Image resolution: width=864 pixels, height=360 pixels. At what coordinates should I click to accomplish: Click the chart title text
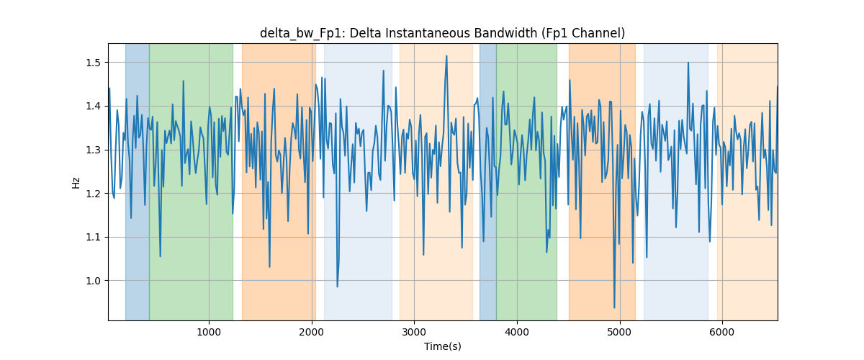click(x=442, y=33)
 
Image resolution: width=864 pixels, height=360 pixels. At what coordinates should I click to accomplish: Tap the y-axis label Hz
click(x=76, y=183)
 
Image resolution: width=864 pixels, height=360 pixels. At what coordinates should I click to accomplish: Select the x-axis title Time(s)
click(x=442, y=346)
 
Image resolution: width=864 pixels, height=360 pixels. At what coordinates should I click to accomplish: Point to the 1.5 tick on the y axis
click(x=94, y=63)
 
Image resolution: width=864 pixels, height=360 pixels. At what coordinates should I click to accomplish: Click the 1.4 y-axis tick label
click(x=94, y=106)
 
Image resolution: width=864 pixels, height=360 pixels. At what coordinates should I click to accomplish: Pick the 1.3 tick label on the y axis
click(x=94, y=150)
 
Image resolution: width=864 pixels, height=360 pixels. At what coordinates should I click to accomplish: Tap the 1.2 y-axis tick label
click(x=94, y=193)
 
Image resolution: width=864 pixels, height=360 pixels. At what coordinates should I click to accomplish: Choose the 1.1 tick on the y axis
click(x=94, y=237)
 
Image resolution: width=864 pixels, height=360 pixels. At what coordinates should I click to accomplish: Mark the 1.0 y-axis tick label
click(x=94, y=281)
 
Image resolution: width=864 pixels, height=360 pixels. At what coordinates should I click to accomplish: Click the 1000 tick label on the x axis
click(x=209, y=332)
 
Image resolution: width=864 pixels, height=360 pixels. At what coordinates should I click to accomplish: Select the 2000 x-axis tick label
click(x=312, y=332)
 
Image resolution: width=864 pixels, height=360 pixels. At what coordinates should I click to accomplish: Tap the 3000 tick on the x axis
click(x=414, y=332)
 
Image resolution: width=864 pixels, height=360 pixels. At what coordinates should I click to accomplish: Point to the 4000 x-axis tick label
click(x=517, y=332)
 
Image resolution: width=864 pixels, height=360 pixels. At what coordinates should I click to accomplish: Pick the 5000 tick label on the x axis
click(x=619, y=332)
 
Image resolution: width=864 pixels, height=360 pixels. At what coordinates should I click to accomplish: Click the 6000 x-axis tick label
click(x=722, y=332)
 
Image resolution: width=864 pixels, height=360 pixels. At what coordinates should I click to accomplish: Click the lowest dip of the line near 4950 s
click(x=614, y=307)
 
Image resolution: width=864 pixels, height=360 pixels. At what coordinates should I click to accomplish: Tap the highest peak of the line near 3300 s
click(x=446, y=56)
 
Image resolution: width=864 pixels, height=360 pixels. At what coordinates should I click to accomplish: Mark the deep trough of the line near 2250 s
click(x=337, y=287)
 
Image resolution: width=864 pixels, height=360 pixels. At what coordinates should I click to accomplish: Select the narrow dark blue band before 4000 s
click(x=488, y=181)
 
